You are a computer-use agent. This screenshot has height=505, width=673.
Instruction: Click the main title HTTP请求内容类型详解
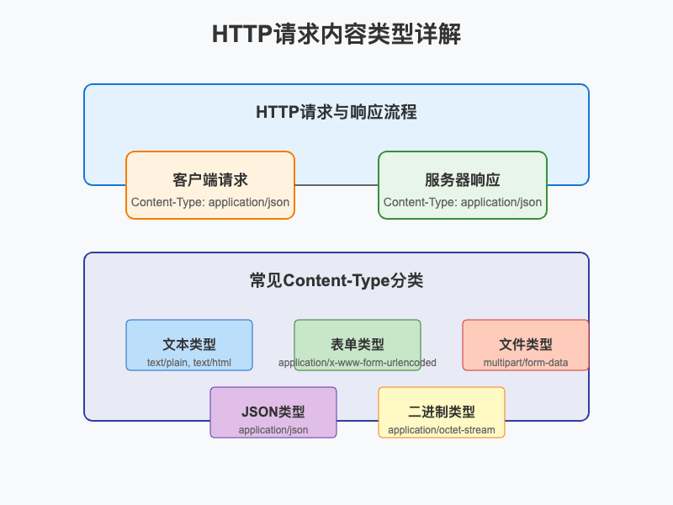click(x=336, y=35)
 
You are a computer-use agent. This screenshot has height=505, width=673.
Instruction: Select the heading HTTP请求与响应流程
click(x=336, y=112)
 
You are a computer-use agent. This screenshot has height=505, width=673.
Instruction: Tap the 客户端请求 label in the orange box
click(x=210, y=180)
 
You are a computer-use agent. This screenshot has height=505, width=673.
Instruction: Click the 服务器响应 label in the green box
click(x=463, y=180)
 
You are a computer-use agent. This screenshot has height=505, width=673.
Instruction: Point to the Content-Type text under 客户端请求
click(x=210, y=202)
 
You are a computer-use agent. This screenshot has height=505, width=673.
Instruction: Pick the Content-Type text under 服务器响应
click(x=463, y=202)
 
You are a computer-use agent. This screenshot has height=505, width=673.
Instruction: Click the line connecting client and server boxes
click(x=336, y=185)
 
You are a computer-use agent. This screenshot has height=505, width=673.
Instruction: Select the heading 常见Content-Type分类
click(x=336, y=280)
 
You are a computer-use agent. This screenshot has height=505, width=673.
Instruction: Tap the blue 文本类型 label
click(x=189, y=344)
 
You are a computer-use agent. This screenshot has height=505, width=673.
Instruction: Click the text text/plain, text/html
click(x=189, y=363)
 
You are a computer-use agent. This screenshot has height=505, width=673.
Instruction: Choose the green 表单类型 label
click(x=358, y=344)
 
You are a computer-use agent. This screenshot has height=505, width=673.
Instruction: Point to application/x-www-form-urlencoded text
click(x=358, y=363)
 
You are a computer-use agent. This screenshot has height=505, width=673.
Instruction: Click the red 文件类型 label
click(x=526, y=344)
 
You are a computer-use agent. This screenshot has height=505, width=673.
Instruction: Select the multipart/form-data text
click(x=526, y=363)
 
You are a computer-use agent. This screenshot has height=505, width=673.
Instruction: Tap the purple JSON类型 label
click(x=273, y=412)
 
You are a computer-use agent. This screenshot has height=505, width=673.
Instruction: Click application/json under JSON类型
click(x=273, y=430)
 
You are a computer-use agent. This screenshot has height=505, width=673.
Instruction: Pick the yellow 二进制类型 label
click(x=442, y=412)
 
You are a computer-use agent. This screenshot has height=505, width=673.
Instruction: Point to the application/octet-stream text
click(x=442, y=430)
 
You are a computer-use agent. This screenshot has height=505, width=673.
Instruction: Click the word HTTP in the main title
click(x=241, y=35)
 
